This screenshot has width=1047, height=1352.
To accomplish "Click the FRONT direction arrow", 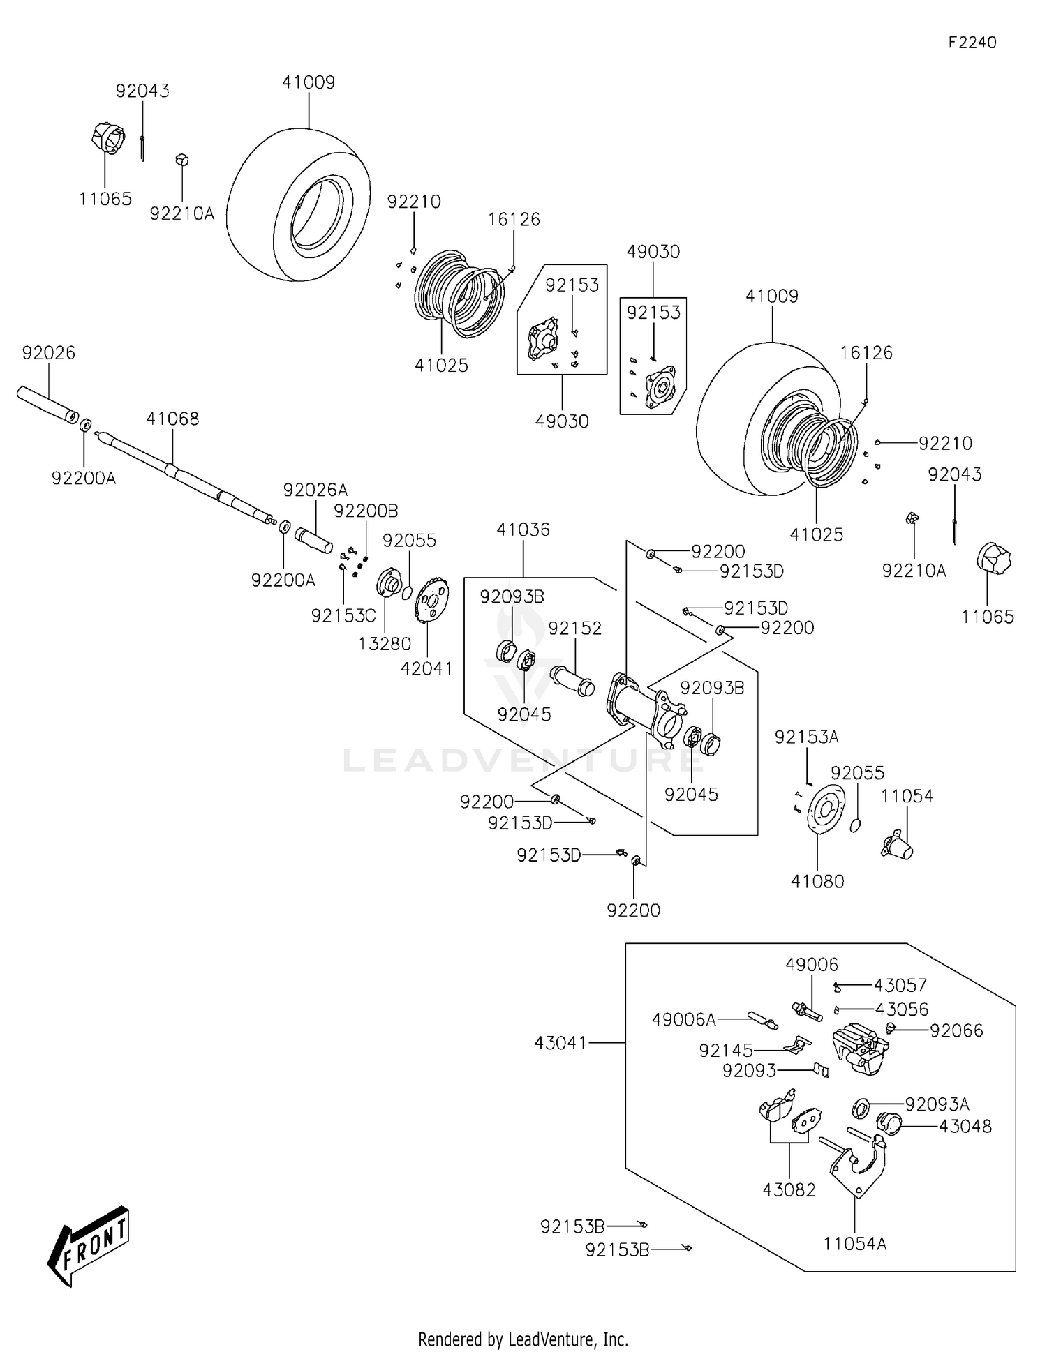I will click(x=89, y=1245).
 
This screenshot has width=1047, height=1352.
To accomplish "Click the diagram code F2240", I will click(x=972, y=43).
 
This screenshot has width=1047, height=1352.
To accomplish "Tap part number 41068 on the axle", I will click(x=172, y=419).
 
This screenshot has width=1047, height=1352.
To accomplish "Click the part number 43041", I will click(x=561, y=1043).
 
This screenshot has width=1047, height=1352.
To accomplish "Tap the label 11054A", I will click(x=854, y=1244).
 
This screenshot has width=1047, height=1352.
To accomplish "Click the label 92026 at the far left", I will click(x=48, y=353).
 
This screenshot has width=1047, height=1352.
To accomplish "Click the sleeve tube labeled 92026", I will click(x=47, y=405).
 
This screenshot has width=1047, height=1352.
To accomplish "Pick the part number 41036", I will click(x=523, y=529).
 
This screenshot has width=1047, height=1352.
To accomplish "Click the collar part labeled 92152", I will click(x=572, y=681).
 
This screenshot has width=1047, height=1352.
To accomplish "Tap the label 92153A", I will click(x=806, y=737).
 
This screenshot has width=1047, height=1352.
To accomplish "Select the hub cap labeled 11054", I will click(x=898, y=846).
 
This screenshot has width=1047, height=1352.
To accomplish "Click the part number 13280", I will click(x=385, y=644).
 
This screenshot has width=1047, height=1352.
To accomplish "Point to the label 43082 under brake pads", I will click(x=789, y=1190).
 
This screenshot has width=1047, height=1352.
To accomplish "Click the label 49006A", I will click(x=683, y=1020).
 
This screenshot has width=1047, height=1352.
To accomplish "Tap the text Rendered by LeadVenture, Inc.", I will click(x=523, y=1339).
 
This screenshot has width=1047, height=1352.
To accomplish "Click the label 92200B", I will click(x=366, y=511).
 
